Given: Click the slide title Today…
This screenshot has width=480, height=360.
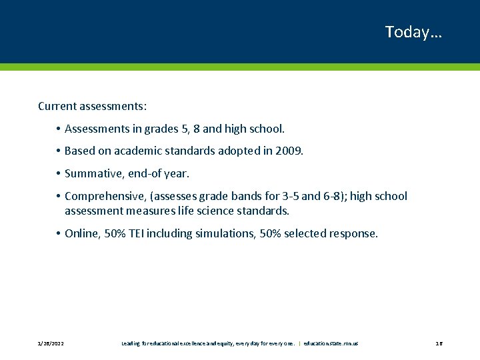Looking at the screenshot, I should tap(413, 32).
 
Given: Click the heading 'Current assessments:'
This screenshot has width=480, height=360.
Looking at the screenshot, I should tap(93, 106).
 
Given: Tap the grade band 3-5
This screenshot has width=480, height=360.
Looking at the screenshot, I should tap(270, 196).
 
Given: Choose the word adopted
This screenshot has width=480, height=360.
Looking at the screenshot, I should tap(227, 151).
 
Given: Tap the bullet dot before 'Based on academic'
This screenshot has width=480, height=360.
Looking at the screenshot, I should tap(59, 151).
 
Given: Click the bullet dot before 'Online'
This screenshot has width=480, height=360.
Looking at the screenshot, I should tap(59, 233).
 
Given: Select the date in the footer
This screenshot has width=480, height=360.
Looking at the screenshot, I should tap(51, 343).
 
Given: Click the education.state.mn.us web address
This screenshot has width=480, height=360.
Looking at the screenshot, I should tap(331, 343).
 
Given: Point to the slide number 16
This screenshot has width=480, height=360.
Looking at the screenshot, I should tap(439, 343).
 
